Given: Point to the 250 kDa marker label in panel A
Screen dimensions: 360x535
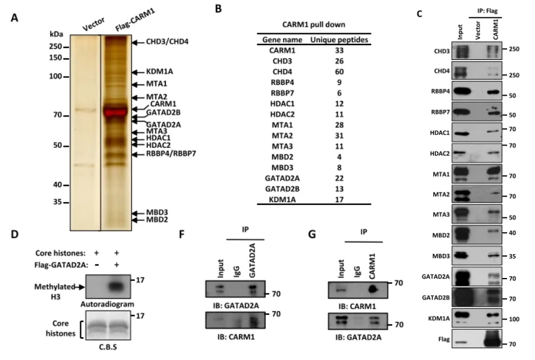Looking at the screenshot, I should (56, 46).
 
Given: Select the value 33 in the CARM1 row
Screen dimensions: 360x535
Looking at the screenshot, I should (339, 50).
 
